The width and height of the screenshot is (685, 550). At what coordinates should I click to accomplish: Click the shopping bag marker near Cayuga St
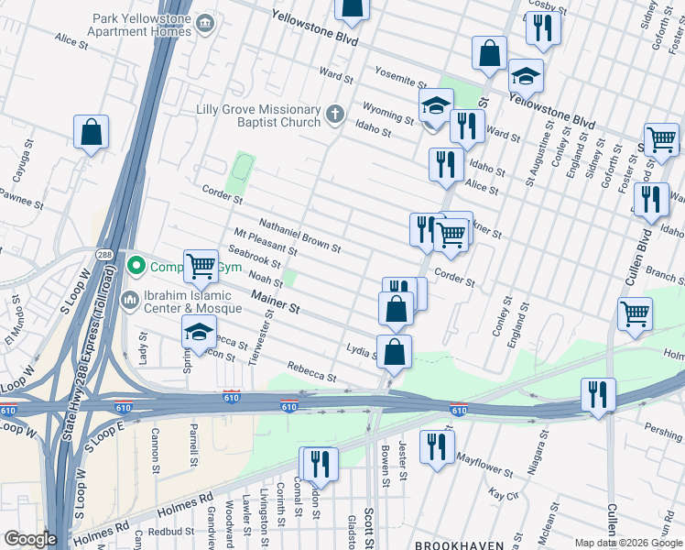tap(91, 133)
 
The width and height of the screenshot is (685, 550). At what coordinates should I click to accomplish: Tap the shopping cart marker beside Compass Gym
tap(201, 267)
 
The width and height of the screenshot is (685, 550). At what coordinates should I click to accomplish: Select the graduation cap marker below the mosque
tap(199, 335)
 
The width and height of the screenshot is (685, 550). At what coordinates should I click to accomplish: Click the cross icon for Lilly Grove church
tap(335, 115)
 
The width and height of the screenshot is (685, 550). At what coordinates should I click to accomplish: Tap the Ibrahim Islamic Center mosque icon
tap(129, 300)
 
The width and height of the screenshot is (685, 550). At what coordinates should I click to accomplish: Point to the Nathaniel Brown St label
tap(299, 236)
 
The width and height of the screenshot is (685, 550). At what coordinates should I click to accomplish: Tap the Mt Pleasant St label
tap(266, 243)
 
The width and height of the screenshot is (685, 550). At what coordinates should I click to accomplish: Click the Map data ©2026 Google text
tap(629, 543)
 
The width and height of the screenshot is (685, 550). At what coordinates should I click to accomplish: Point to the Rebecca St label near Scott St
tap(312, 372)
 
